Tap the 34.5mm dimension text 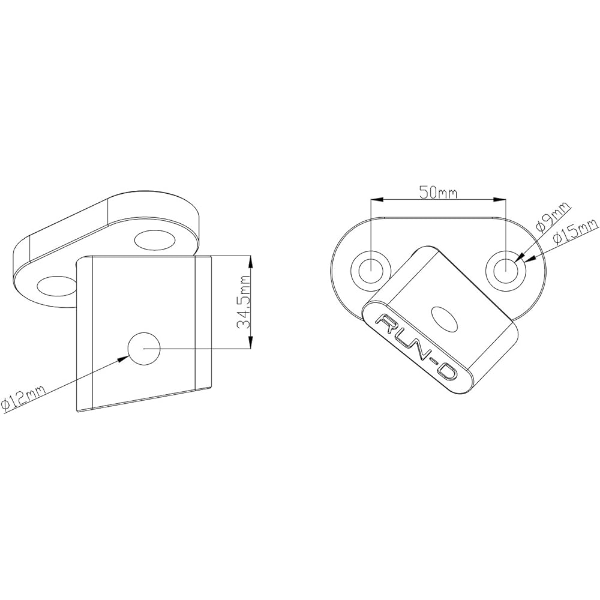tap(244, 303)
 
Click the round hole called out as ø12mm tap(145, 348)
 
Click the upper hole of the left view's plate tap(155, 241)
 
